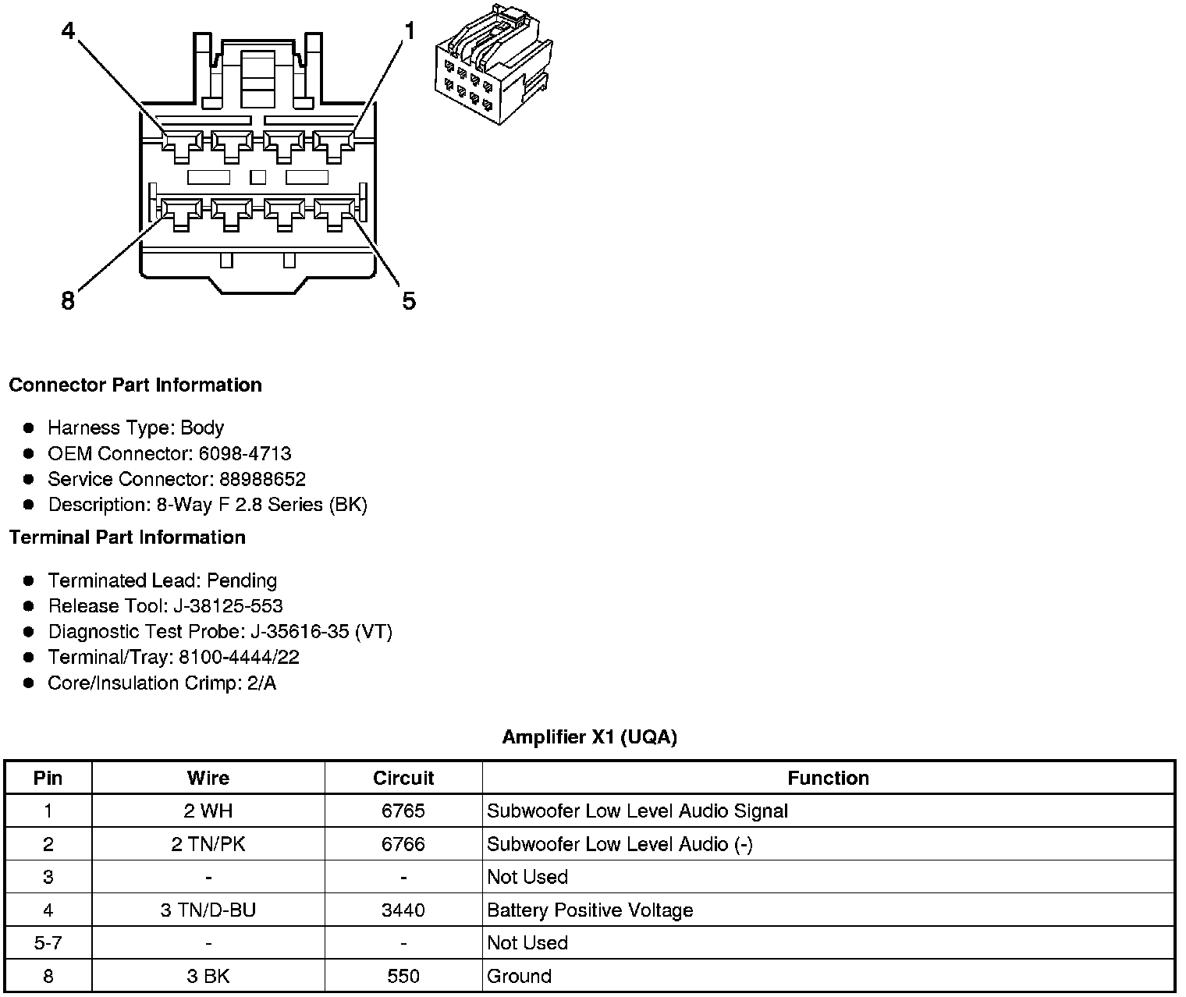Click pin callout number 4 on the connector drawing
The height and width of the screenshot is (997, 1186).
68,30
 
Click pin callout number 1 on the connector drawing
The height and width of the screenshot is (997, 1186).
410,31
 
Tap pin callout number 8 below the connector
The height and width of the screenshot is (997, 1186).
68,300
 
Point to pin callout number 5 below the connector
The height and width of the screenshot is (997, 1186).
409,300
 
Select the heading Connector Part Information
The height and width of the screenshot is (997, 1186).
135,385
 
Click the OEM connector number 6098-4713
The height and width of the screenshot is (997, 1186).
244,453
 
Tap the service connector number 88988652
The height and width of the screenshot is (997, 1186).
262,479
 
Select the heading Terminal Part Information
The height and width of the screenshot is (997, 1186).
127,538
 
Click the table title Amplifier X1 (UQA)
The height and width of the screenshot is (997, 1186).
589,737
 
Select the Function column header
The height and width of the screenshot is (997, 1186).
828,778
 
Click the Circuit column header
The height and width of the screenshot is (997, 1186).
403,778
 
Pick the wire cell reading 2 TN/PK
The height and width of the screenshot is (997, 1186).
208,844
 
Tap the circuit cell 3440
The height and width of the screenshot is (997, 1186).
403,910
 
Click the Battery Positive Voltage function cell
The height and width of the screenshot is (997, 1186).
590,910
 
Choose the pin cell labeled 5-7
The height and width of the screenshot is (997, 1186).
48,943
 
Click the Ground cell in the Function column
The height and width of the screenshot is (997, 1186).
519,976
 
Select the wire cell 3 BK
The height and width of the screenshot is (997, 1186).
208,976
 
